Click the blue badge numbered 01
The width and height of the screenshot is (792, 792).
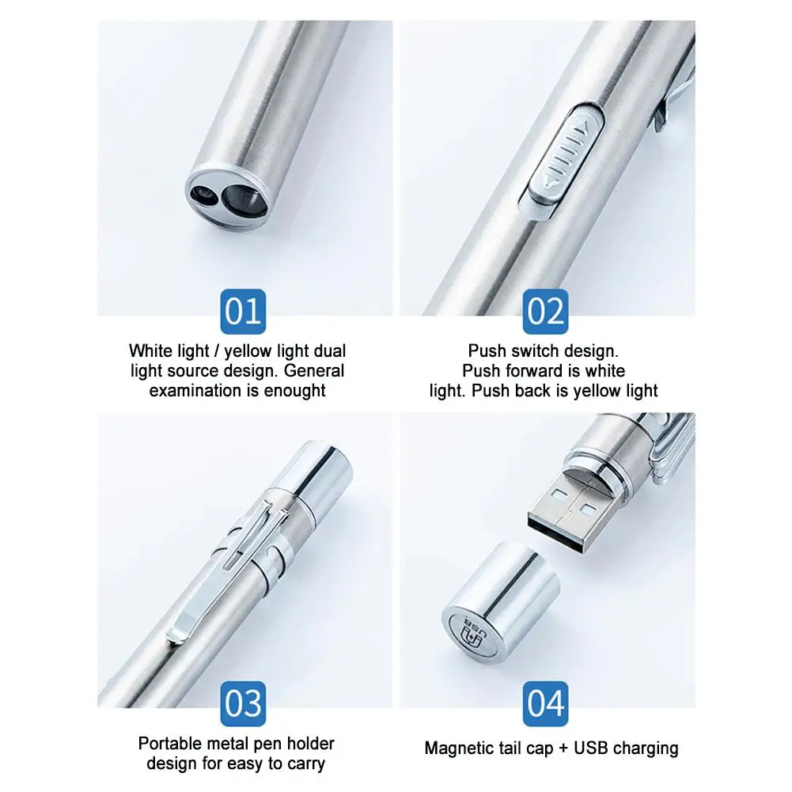(243, 311)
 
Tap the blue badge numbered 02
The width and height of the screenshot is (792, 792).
(545, 311)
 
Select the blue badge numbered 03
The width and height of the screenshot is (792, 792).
(243, 703)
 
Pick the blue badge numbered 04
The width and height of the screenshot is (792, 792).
(545, 703)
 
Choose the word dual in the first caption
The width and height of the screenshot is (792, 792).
(328, 351)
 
